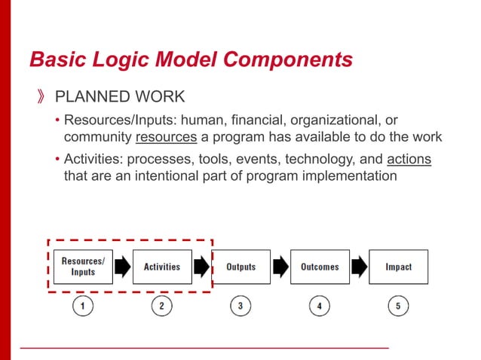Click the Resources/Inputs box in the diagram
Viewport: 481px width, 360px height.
tap(83, 267)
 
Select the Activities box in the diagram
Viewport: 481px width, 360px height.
tap(162, 267)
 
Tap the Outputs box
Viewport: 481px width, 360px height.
tap(240, 267)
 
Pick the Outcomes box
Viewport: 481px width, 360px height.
tap(320, 267)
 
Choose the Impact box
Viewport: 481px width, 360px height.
tap(398, 267)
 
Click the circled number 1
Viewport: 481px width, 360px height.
tap(83, 307)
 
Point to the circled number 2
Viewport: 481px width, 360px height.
tap(162, 307)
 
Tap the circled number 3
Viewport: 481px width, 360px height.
tap(240, 307)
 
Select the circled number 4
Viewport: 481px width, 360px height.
tap(320, 307)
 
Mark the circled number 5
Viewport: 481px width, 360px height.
tap(398, 307)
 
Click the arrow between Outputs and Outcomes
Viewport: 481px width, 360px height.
tap(280, 267)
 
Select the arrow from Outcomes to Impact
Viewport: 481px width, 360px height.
tap(359, 267)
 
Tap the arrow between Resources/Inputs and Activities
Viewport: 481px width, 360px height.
tap(122, 267)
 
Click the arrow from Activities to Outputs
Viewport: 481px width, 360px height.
tap(201, 267)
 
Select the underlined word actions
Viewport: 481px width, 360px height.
tap(409, 160)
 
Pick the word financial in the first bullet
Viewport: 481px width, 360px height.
tap(248, 121)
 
